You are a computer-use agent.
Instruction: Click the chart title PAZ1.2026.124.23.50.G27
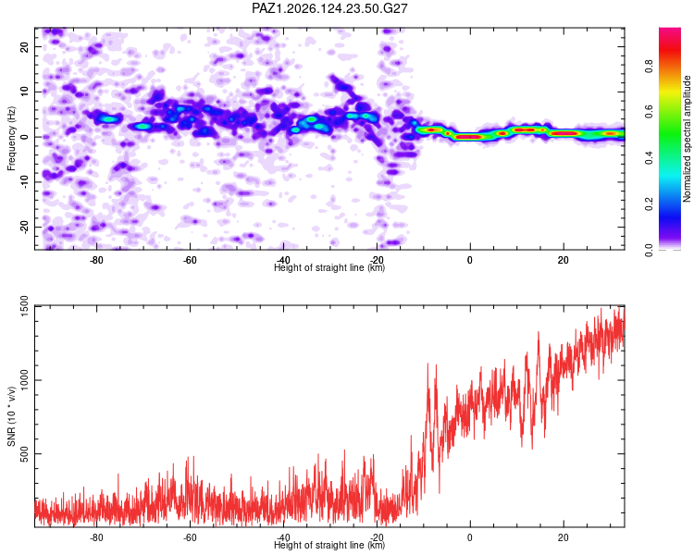pos(329,8)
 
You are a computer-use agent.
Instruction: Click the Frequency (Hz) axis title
pos(11,139)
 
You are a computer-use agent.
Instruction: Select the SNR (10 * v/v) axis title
pos(11,416)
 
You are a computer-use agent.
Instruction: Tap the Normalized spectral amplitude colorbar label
pos(687,139)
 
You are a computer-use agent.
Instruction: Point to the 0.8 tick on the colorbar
pos(649,67)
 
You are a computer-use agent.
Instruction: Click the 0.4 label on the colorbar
pos(649,157)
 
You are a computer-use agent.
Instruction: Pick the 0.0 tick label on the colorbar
pos(649,251)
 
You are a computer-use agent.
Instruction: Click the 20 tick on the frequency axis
pos(24,46)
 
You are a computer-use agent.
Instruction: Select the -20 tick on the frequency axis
pos(24,227)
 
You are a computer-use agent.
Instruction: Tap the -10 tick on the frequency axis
pos(24,182)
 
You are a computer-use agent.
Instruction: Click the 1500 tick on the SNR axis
pos(24,306)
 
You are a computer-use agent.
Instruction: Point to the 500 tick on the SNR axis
pos(24,454)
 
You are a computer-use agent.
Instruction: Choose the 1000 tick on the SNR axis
pos(24,380)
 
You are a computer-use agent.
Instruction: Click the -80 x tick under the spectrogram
pos(96,260)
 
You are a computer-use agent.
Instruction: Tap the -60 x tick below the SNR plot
pos(190,537)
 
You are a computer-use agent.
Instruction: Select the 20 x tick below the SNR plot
pos(563,537)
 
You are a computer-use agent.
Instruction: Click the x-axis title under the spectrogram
pos(329,267)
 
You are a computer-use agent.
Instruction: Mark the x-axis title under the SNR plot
pos(329,545)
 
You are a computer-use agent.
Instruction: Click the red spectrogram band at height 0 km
pos(469,137)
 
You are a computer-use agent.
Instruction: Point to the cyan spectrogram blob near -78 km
pos(108,118)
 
